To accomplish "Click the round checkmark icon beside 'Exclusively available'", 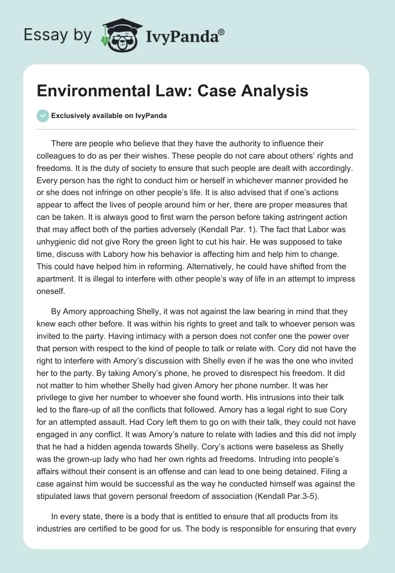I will [42, 116].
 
